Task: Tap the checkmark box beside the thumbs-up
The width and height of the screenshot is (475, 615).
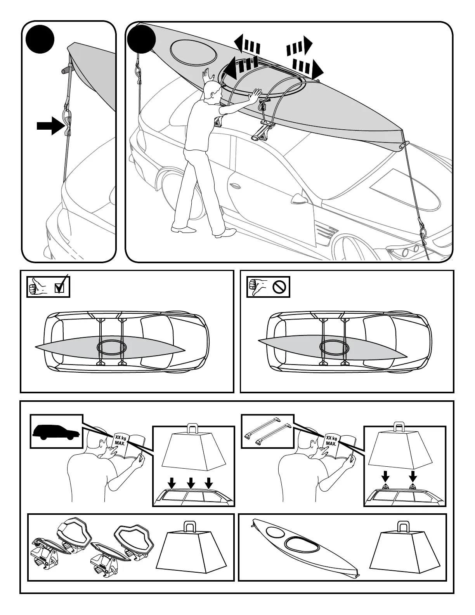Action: tap(60, 288)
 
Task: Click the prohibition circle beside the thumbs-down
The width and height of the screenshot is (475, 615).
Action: tap(279, 287)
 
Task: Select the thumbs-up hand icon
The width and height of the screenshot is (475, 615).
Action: tap(38, 288)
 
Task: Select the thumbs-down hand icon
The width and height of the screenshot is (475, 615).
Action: tap(257, 288)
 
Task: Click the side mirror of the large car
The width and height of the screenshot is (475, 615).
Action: tap(298, 199)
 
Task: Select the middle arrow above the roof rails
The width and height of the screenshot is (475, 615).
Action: tap(191, 483)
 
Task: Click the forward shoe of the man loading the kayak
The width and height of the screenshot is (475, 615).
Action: tap(225, 233)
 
